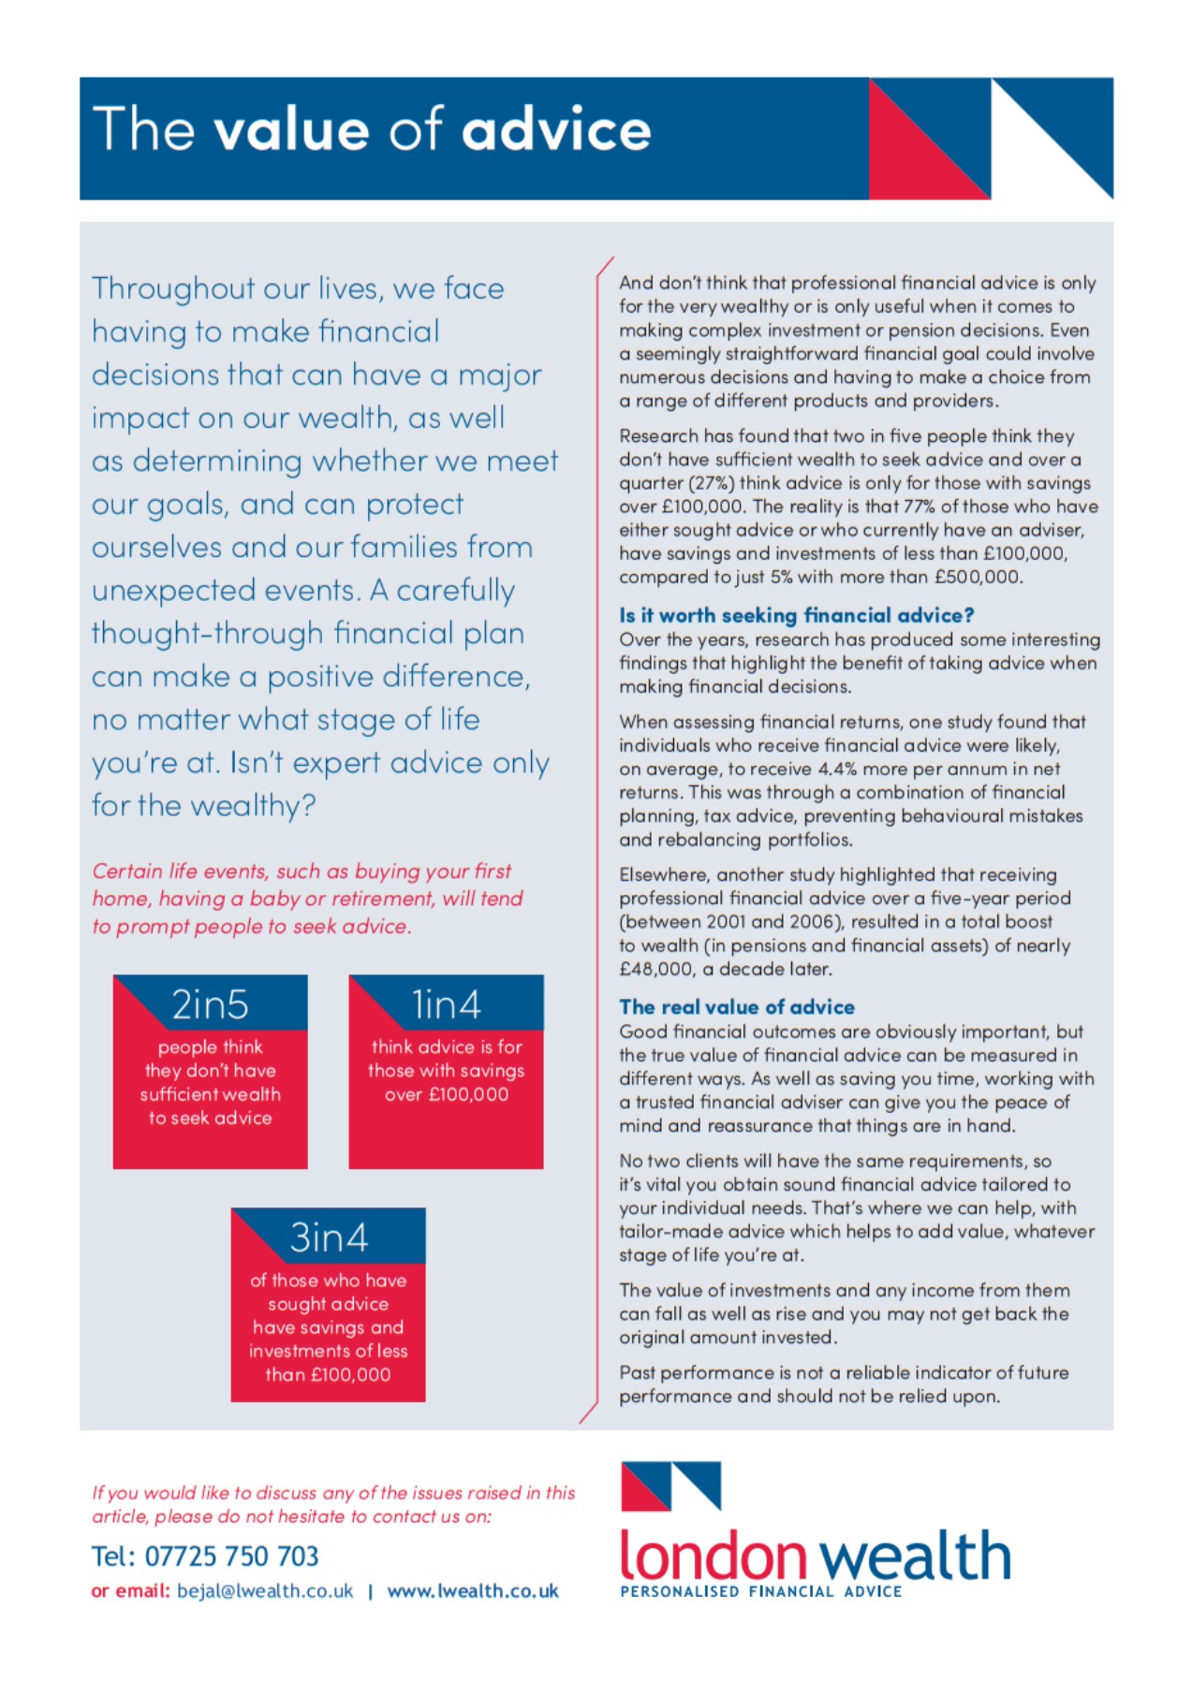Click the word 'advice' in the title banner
pyautogui.click(x=556, y=128)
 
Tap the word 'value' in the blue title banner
pyautogui.click(x=292, y=128)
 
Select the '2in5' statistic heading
pyautogui.click(x=211, y=1004)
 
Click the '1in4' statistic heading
pyautogui.click(x=447, y=1004)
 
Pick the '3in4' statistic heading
pyautogui.click(x=329, y=1238)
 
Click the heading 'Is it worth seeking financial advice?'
pyautogui.click(x=796, y=615)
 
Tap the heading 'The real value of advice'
pyautogui.click(x=737, y=1007)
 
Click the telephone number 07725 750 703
pyautogui.click(x=231, y=1556)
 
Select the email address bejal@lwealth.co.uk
pyautogui.click(x=265, y=1591)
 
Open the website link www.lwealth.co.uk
pyautogui.click(x=473, y=1591)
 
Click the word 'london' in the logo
pyautogui.click(x=713, y=1555)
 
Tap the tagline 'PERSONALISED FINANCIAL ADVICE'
pyautogui.click(x=760, y=1591)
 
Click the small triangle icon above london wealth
pyautogui.click(x=670, y=1486)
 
